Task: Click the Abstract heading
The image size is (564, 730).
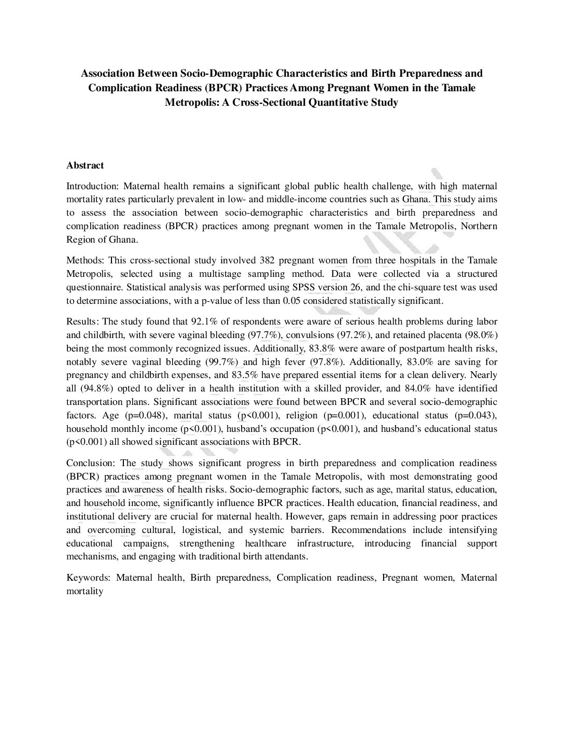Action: (85, 165)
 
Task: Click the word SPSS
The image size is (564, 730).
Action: (303, 287)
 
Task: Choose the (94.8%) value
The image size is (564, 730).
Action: (97, 388)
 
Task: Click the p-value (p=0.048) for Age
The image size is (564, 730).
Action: (146, 415)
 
